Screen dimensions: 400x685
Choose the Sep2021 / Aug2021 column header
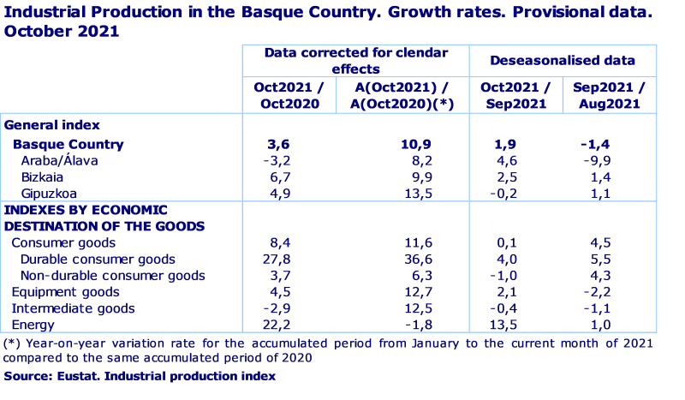pos(609,95)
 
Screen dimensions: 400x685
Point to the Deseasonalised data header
pos(563,61)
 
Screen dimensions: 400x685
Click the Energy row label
pos(33,325)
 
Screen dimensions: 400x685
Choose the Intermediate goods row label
pos(73,308)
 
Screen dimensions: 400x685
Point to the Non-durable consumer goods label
pos(112,276)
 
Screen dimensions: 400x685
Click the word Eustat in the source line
pos(74,375)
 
